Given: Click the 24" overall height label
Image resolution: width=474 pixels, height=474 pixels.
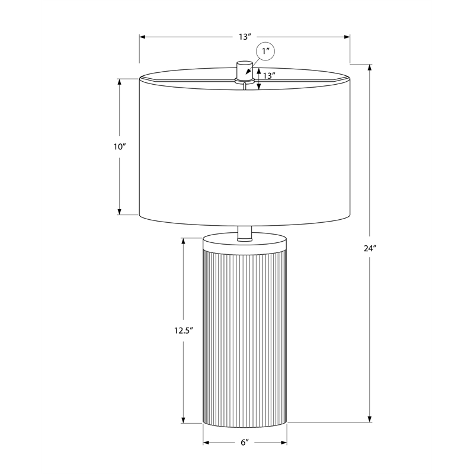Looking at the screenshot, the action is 370,248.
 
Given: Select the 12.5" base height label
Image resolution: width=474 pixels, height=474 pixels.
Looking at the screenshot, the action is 183,331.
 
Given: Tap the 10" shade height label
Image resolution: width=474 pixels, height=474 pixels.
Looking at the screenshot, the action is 120,147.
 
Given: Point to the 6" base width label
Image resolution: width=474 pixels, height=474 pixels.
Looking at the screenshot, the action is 245,443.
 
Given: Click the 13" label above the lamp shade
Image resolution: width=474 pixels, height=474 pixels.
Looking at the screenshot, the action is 245,37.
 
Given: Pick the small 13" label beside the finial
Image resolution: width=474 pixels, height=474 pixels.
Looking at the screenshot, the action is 269,76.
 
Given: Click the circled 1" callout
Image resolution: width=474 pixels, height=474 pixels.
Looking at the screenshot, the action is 265,51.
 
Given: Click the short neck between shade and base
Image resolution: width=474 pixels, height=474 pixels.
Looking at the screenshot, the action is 245,233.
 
